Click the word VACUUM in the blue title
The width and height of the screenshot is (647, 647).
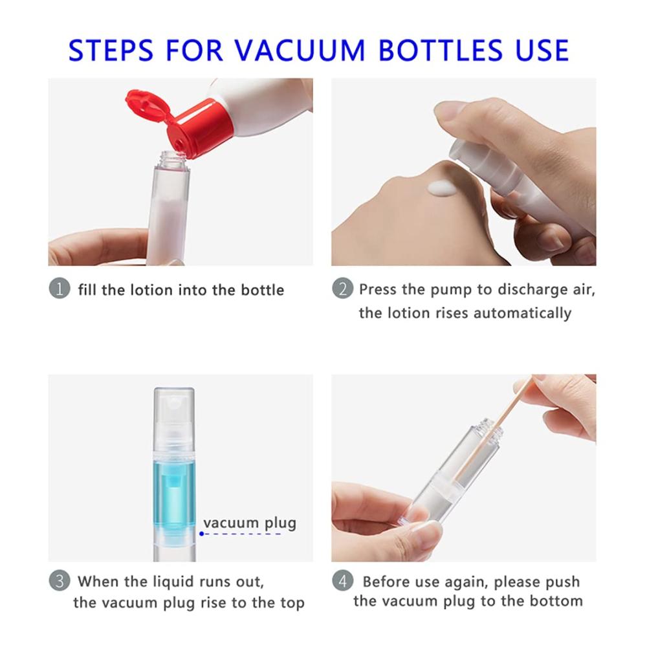click(x=300, y=50)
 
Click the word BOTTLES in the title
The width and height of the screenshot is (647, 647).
click(x=440, y=50)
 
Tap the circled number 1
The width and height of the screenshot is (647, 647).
click(x=60, y=289)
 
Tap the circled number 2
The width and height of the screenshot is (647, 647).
click(x=342, y=289)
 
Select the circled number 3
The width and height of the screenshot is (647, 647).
click(x=60, y=580)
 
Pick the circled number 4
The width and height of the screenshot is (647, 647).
click(x=342, y=580)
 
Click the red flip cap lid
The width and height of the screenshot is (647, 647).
click(x=149, y=107)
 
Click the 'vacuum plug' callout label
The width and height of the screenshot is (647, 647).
click(x=250, y=523)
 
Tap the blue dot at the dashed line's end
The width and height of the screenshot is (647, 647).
click(x=201, y=534)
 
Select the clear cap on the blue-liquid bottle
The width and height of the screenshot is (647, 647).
click(x=174, y=419)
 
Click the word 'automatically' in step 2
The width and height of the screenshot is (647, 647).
click(x=522, y=313)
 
